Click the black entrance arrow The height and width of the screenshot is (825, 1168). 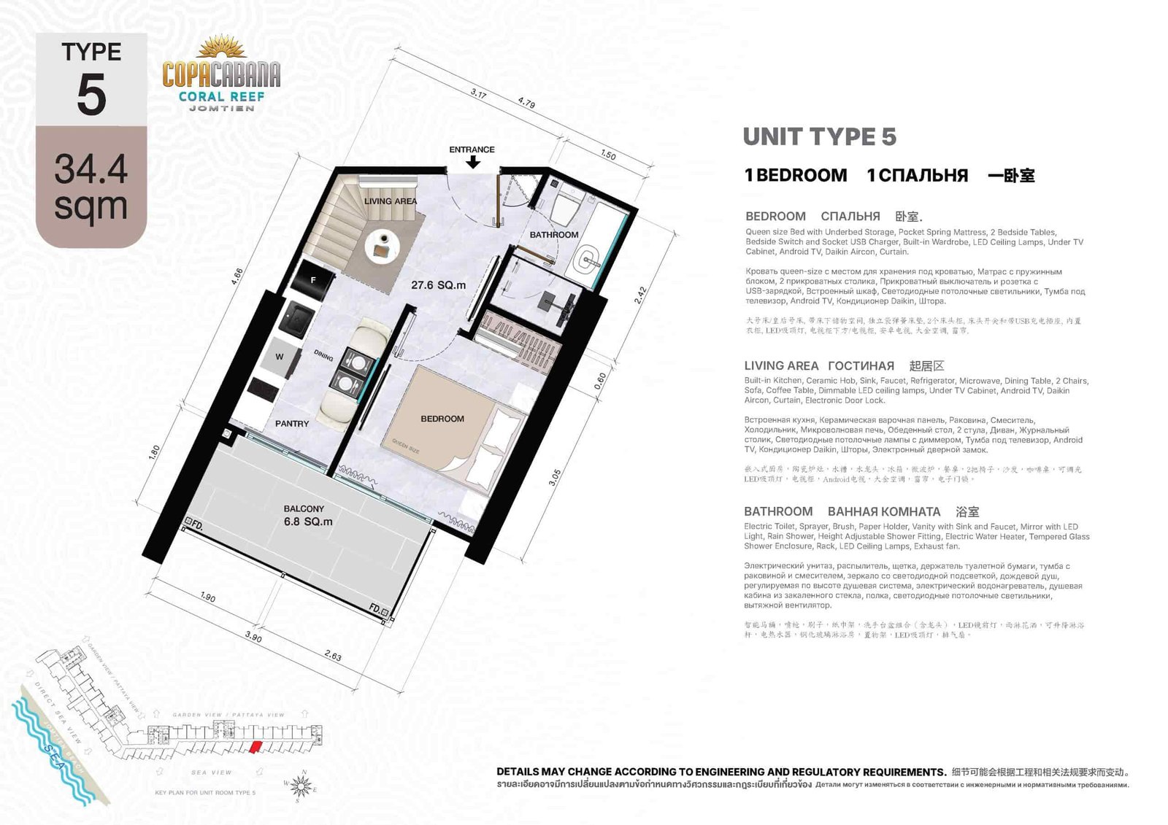click(x=473, y=163)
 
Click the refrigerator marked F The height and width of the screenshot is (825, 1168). click(x=313, y=279)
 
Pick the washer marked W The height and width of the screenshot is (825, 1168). click(x=280, y=357)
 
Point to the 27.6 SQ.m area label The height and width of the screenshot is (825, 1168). click(x=438, y=285)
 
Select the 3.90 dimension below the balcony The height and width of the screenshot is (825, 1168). click(x=253, y=637)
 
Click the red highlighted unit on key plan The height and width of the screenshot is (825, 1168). click(x=255, y=747)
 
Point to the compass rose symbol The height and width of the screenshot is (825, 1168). click(x=301, y=786)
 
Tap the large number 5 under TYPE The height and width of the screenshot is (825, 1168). click(x=91, y=96)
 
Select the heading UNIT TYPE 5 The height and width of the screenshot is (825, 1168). click(x=819, y=136)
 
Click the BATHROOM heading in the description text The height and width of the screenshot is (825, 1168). click(x=778, y=511)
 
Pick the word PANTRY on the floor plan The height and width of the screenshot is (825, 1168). click(x=292, y=423)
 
